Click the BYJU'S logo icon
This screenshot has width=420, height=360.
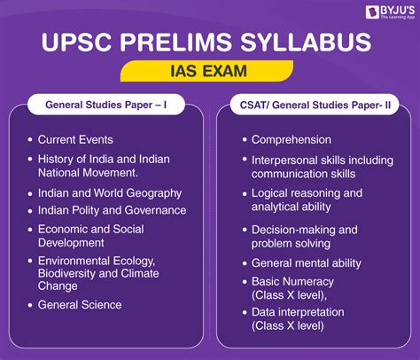pos(372,12)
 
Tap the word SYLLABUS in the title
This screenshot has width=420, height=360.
pos(306,42)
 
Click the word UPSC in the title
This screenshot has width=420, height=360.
pos(77,42)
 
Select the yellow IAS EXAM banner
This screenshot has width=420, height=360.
pos(206,71)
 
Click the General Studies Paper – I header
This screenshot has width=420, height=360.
pos(106,105)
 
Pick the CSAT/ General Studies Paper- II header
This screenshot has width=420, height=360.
pos(315,105)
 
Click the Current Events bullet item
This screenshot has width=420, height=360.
pos(75,139)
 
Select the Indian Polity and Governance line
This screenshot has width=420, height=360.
pos(112,210)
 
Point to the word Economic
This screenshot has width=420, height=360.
pos(62,229)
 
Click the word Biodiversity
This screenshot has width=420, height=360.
pos(66,273)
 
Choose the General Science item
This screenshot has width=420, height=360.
pos(80,305)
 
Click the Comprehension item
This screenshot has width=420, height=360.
pos(292,140)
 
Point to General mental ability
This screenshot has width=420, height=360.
pos(307,263)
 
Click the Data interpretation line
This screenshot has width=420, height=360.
pos(298,312)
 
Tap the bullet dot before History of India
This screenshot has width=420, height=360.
pos(30,159)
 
